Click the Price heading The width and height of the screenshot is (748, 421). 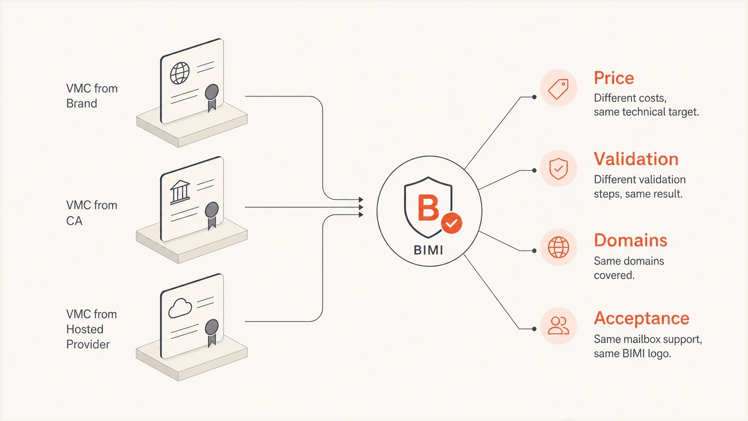click(x=614, y=78)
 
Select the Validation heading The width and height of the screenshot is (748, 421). click(x=636, y=159)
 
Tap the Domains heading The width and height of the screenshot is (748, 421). click(x=630, y=240)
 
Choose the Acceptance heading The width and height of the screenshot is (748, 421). click(x=642, y=318)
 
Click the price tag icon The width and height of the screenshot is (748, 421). click(x=558, y=89)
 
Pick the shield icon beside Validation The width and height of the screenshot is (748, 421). click(x=558, y=169)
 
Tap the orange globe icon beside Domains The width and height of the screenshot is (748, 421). click(x=558, y=247)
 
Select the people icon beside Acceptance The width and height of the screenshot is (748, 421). click(x=558, y=326)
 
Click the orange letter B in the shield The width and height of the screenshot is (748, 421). click(x=428, y=208)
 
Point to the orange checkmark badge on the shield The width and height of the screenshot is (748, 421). click(x=451, y=223)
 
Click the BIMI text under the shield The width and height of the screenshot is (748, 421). click(x=429, y=250)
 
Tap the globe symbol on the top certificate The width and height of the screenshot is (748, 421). click(x=180, y=73)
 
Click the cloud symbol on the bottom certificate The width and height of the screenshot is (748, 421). click(x=180, y=308)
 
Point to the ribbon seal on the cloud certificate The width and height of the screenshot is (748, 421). click(x=212, y=332)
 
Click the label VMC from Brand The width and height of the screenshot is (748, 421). click(x=92, y=96)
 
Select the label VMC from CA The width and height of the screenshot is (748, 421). click(x=92, y=213)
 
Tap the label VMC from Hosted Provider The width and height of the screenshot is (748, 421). click(x=92, y=329)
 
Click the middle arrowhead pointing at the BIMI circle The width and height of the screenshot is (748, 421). click(x=361, y=207)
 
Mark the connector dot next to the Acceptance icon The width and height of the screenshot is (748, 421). click(x=534, y=329)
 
